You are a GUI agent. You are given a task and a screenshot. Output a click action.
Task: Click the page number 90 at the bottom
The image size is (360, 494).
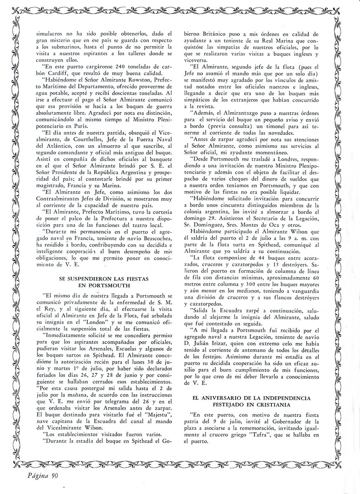[55, 477]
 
